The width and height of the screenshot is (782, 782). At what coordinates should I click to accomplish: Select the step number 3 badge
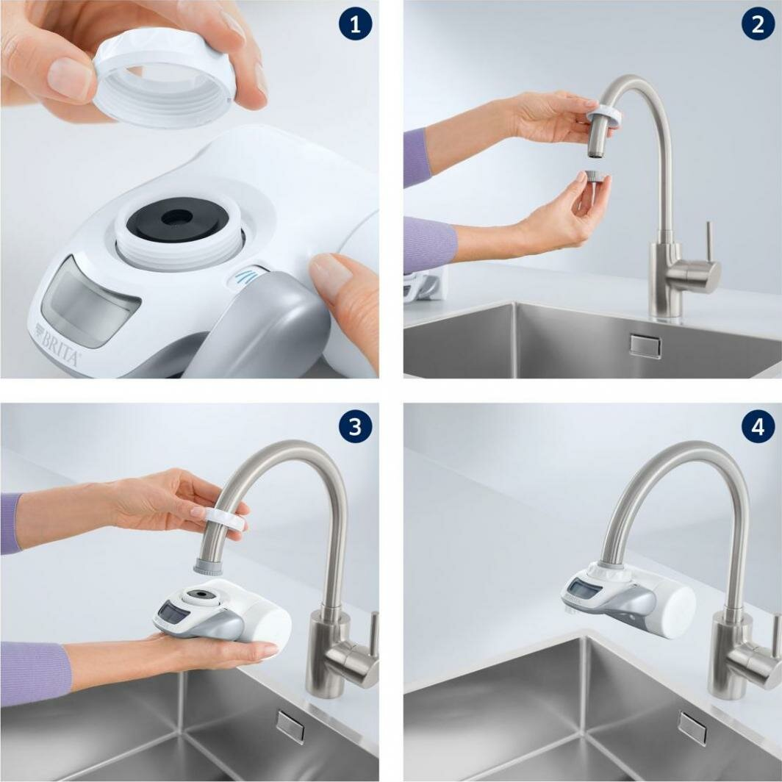[355, 427]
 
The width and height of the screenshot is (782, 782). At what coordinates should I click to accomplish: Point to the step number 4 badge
[757, 427]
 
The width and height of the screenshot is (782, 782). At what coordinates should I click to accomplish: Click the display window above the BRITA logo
[88, 301]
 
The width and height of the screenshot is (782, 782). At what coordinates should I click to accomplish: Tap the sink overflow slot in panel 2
[645, 345]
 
